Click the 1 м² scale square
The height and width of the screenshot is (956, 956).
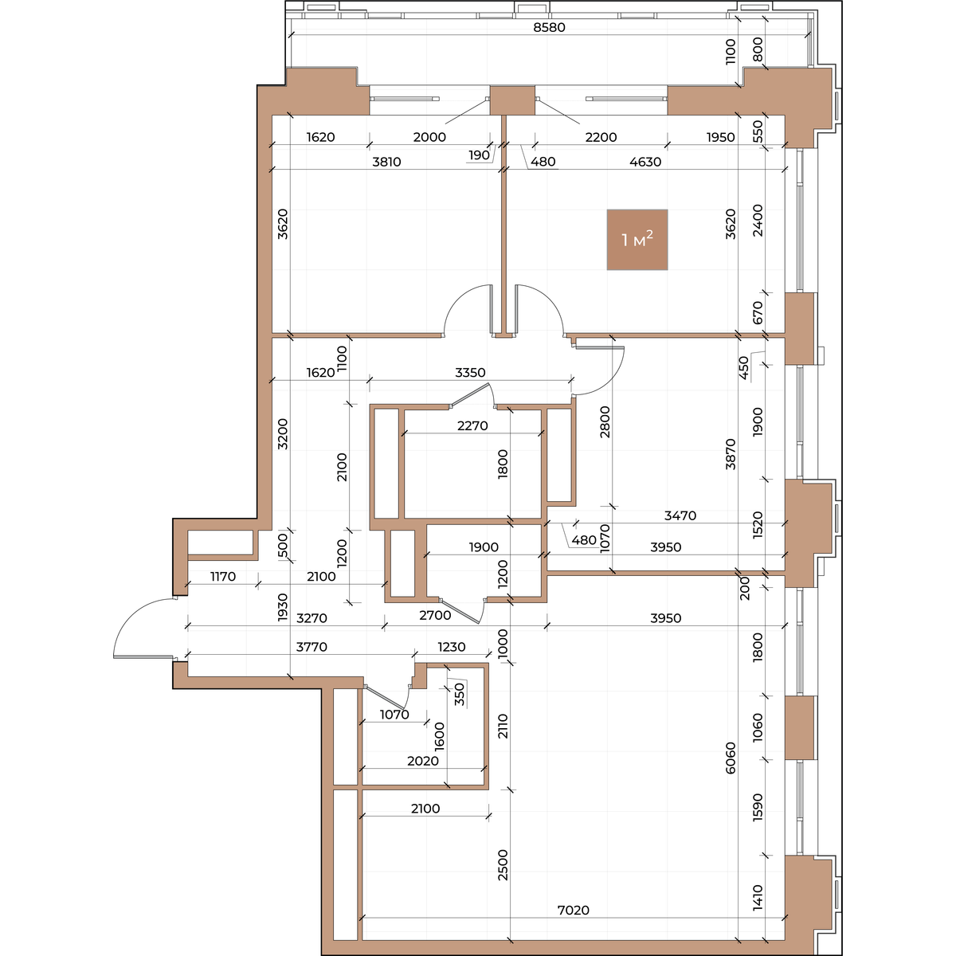click(x=637, y=240)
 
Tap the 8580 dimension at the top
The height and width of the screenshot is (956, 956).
click(x=549, y=27)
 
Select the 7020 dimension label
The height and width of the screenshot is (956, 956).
click(x=574, y=910)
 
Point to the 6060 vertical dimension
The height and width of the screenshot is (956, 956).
click(x=731, y=758)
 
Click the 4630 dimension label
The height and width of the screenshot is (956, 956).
click(x=645, y=162)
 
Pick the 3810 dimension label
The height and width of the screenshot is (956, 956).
click(x=386, y=162)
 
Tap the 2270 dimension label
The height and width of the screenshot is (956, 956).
click(x=472, y=425)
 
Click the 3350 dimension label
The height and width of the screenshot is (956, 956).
click(x=470, y=372)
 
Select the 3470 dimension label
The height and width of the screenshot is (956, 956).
click(x=680, y=515)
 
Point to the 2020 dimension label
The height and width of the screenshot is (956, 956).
click(x=423, y=761)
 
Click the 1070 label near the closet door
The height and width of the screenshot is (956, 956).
click(x=394, y=715)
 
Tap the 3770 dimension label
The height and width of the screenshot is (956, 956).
click(x=311, y=647)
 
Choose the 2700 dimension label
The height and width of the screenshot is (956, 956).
click(x=435, y=615)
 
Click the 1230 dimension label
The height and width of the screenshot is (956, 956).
click(x=452, y=647)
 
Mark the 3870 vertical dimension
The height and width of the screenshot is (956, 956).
click(x=731, y=454)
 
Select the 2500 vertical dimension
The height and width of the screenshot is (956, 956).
click(x=503, y=864)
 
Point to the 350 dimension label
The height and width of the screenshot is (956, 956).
click(x=460, y=695)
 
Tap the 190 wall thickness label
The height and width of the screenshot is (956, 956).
click(x=480, y=155)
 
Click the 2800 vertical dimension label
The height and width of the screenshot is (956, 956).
click(x=605, y=421)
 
